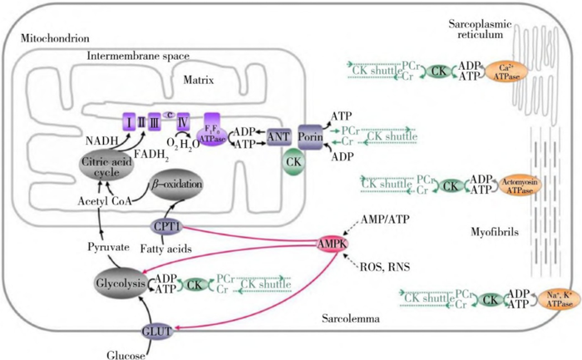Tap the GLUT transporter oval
156,330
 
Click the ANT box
277,136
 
